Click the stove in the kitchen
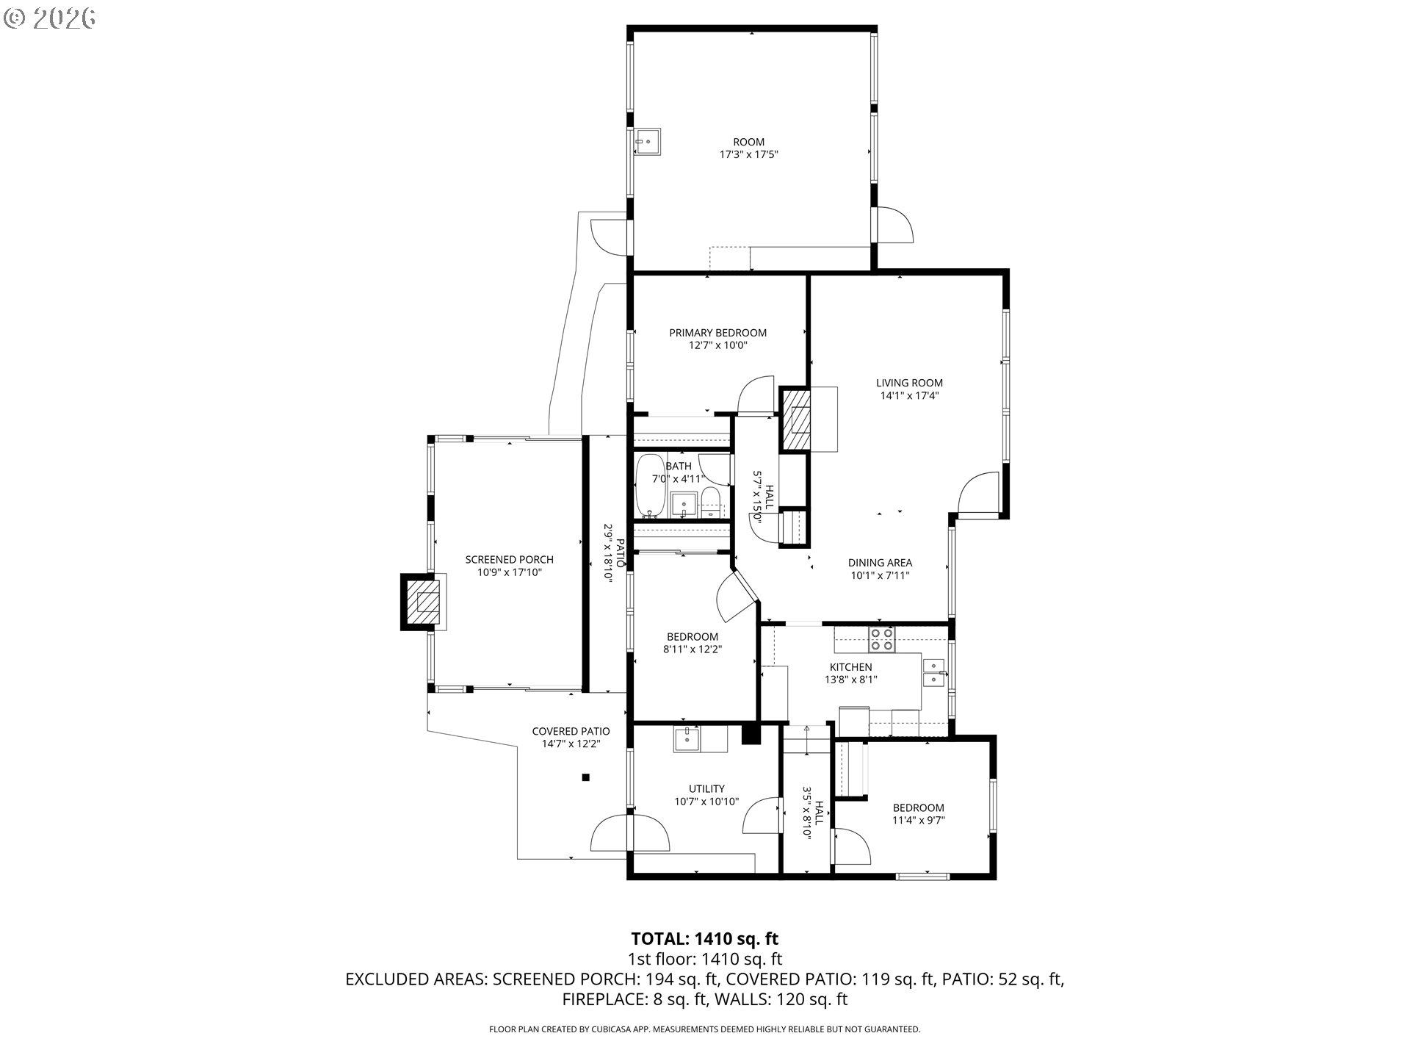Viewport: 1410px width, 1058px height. pos(882,640)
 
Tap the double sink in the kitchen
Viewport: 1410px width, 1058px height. pos(934,673)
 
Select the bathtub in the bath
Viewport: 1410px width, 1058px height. pos(650,485)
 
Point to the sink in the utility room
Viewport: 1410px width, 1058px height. pos(687,739)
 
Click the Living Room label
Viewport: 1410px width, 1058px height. pos(909,383)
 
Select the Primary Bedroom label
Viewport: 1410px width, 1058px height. pos(717,333)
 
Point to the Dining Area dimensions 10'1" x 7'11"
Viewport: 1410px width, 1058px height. pos(880,575)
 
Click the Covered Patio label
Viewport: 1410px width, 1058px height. pos(571,731)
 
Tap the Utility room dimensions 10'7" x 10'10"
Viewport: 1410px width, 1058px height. pos(706,802)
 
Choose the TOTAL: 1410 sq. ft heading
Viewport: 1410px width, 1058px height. pos(704,938)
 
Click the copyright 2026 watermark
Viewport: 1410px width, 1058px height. pos(49,18)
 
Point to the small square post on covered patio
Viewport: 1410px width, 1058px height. pos(585,777)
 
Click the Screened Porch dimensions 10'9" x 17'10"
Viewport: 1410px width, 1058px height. pos(509,572)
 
